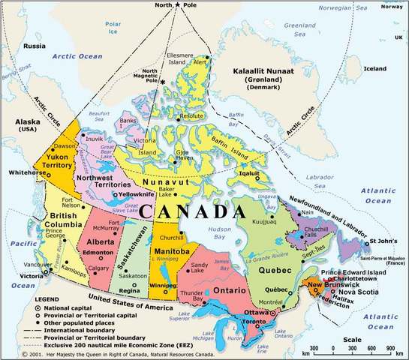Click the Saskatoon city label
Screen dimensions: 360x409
tap(133, 276)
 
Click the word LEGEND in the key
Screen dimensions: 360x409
tap(49, 299)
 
